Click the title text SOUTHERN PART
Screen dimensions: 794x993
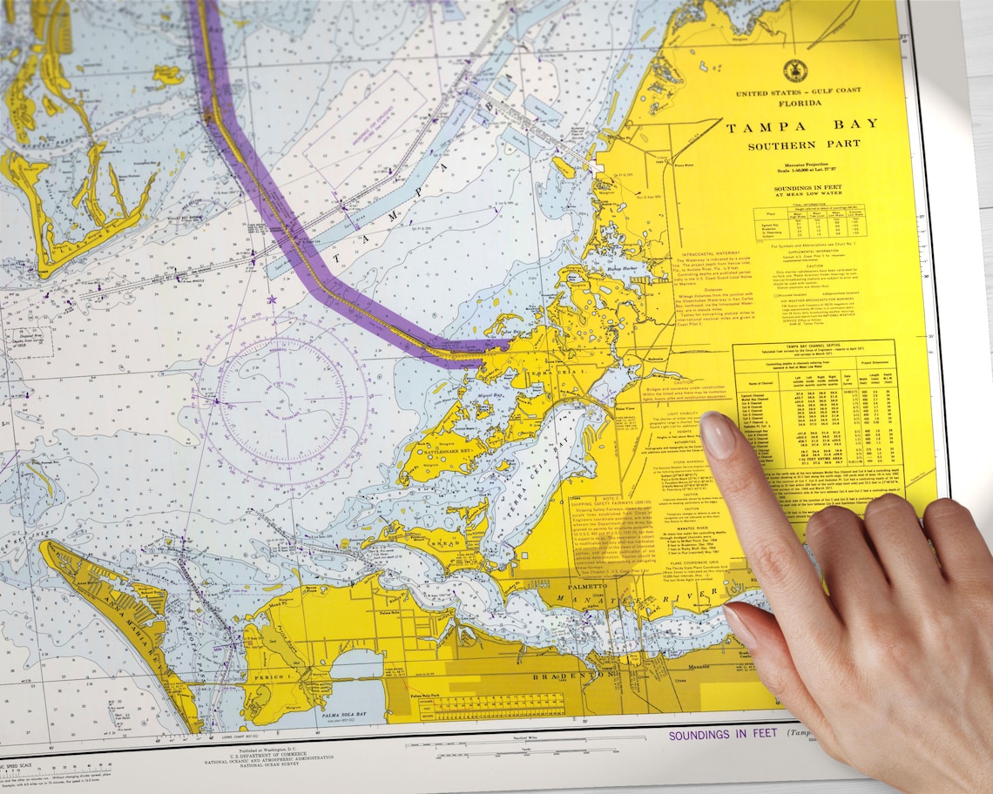tap(803, 145)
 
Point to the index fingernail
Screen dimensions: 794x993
tap(719, 434)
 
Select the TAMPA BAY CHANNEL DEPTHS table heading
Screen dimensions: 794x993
tap(815, 347)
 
